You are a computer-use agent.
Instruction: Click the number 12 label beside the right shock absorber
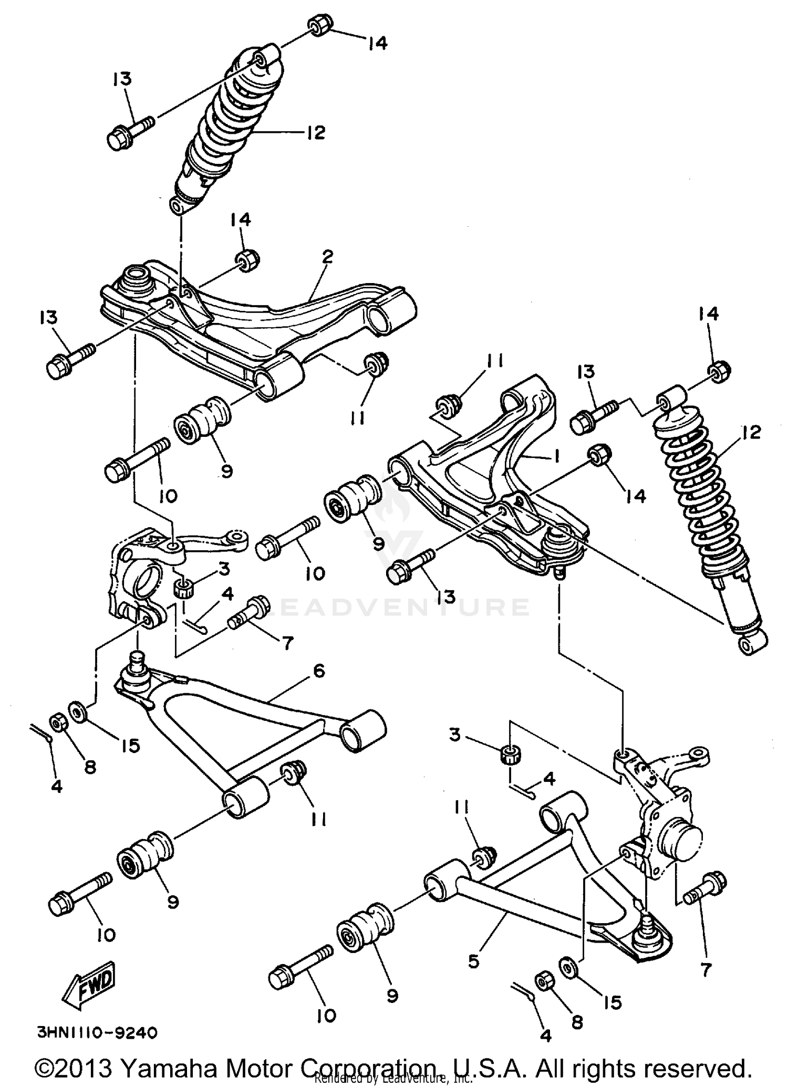point(752,433)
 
